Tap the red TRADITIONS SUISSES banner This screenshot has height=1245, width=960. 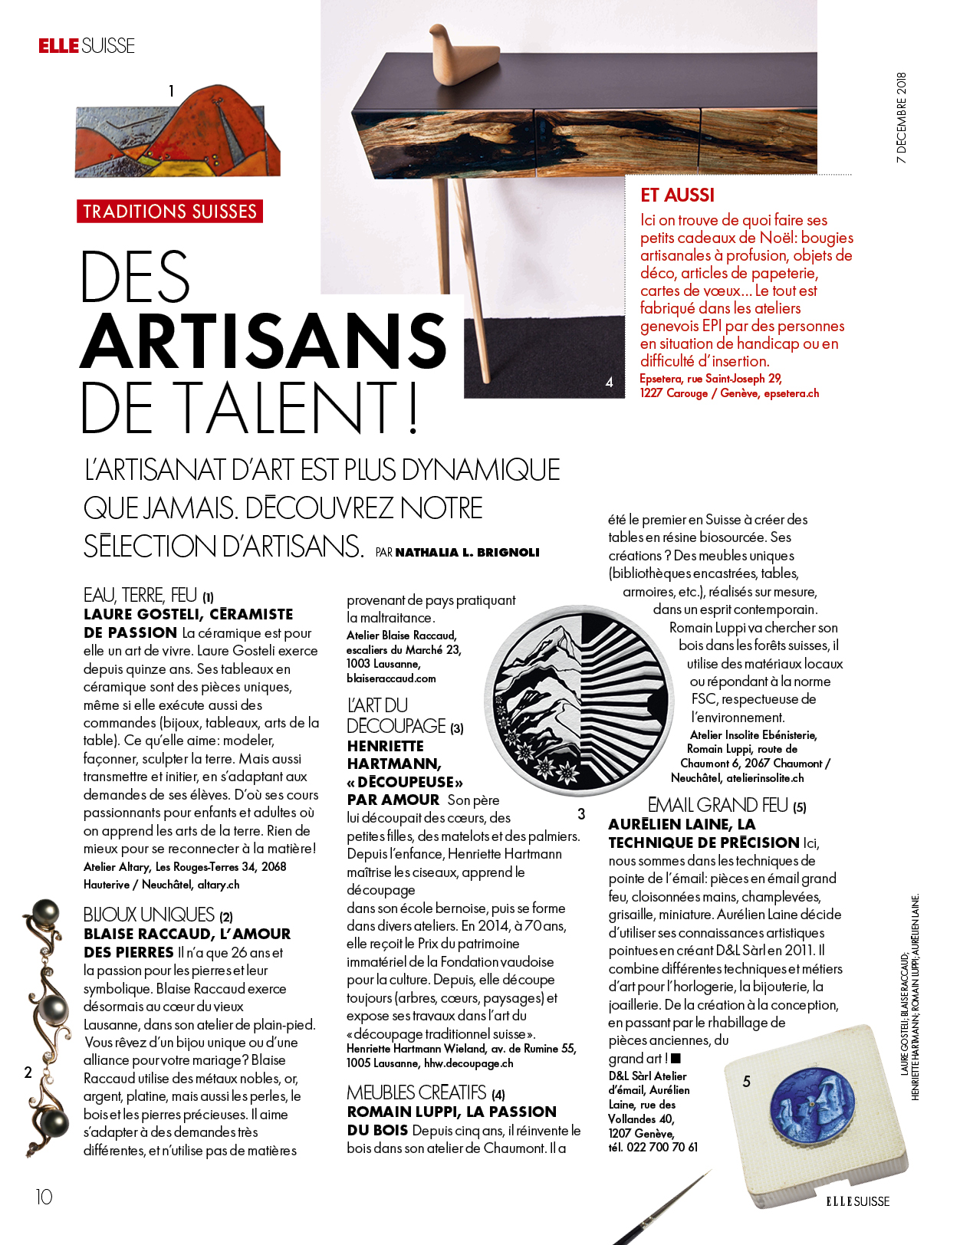pos(169,212)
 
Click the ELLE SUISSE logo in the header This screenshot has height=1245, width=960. pos(87,46)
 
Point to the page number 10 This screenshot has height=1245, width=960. pos(44,1197)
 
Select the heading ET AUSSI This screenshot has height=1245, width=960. pos(677,195)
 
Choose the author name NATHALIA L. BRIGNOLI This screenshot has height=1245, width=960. pos(467,553)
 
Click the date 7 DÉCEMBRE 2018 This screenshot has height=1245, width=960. pos(902,118)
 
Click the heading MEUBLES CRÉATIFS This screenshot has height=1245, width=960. pos(416,1092)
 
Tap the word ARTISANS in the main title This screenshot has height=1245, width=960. pos(263,341)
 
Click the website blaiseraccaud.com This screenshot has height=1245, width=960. pos(391,678)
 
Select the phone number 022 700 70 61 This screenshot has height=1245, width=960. pos(662,1147)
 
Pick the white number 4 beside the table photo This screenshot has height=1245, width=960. pos(610,382)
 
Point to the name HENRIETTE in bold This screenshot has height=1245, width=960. pos(385,746)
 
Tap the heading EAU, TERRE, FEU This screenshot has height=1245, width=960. pos(140,595)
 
